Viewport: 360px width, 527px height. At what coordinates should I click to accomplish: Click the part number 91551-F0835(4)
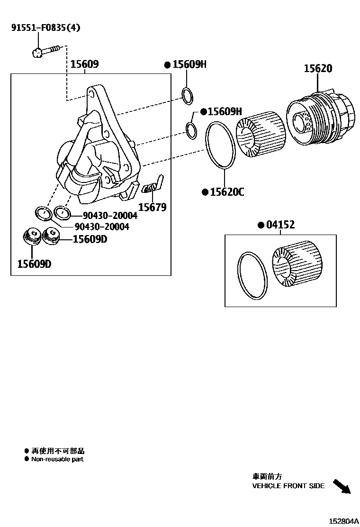pos(45,27)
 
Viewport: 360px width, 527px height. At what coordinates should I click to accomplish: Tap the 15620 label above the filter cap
pos(318,69)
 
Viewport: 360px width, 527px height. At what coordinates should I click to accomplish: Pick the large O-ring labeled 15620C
pos(220,145)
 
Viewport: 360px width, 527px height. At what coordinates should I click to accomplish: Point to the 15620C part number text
pos(227,192)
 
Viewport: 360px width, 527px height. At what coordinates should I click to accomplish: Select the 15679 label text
pos(153,207)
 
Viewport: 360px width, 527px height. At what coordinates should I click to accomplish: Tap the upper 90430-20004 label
pos(107,216)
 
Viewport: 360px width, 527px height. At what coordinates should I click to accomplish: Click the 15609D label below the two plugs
pos(34,263)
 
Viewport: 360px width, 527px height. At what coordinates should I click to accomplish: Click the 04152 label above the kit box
pos(279,225)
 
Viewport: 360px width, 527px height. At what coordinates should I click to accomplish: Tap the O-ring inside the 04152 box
pos(252,275)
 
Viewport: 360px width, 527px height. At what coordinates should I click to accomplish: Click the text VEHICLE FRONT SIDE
pos(288,486)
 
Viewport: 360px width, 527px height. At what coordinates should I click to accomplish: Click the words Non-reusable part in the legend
pos(57,459)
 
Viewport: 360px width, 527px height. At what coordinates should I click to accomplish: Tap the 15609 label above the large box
pos(84,64)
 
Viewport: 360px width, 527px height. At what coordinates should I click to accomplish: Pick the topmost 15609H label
pos(189,64)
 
